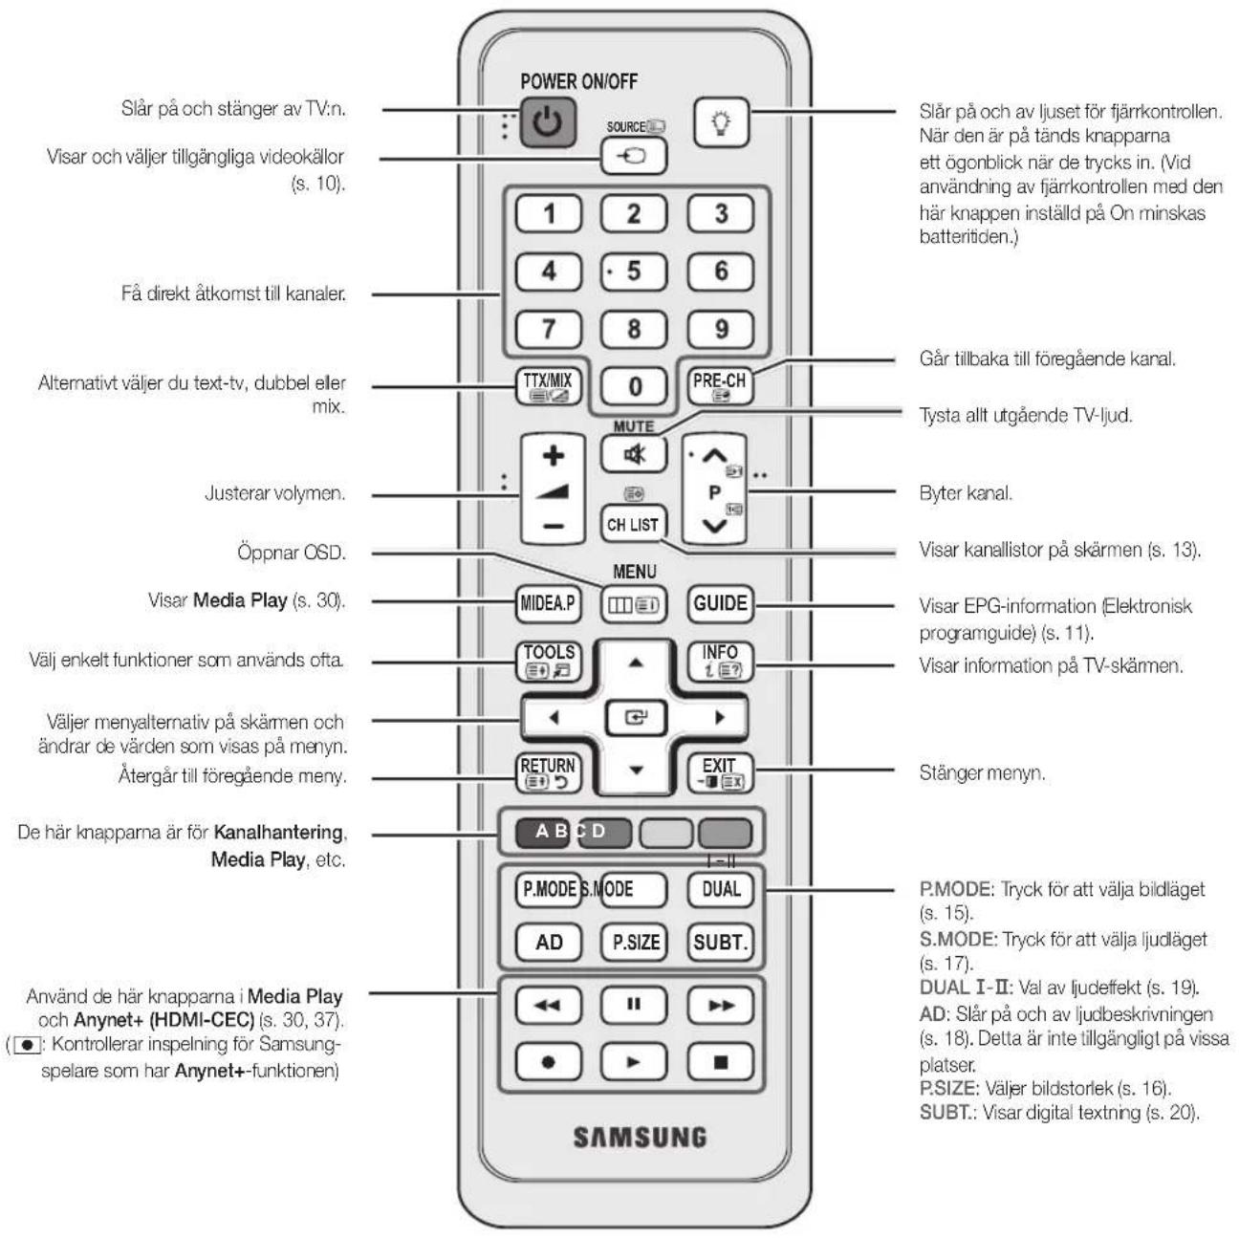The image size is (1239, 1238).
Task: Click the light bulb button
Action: [x=722, y=121]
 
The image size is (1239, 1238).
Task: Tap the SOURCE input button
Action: [x=633, y=156]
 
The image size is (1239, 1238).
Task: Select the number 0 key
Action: [x=634, y=386]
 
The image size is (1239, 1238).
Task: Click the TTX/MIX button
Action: [x=548, y=386]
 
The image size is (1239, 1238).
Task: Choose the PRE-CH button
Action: [x=720, y=386]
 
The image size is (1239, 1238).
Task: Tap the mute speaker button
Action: [x=634, y=454]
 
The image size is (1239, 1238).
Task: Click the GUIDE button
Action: [x=720, y=604]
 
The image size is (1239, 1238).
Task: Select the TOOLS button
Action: [x=549, y=662]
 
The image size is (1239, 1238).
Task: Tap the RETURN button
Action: [x=549, y=773]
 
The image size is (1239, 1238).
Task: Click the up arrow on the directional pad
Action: [x=635, y=663]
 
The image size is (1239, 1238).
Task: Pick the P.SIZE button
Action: [x=635, y=943]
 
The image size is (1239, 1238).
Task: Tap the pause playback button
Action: [x=634, y=1005]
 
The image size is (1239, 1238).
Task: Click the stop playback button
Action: [x=720, y=1062]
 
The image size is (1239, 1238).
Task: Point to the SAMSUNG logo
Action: [x=640, y=1137]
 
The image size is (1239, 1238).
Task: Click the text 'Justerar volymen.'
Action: [x=275, y=493]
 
